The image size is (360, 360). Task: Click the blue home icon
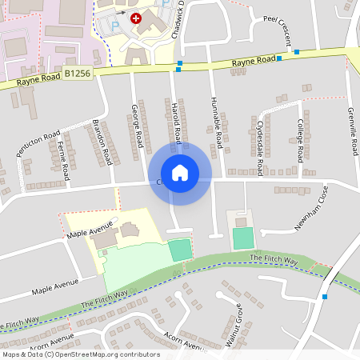coord(180,173)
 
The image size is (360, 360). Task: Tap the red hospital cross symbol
coord(136,17)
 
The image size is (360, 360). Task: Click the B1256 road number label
coord(78,73)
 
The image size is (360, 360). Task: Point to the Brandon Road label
coord(102,142)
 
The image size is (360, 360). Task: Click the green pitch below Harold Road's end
coord(182,250)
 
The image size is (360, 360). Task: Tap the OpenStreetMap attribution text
coord(81,354)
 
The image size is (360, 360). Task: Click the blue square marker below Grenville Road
coord(325,297)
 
